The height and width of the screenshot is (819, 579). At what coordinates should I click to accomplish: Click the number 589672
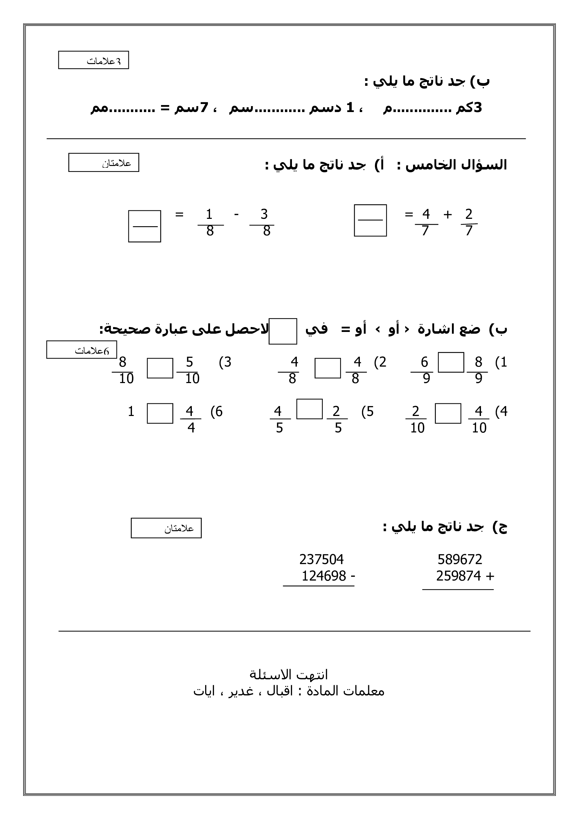pos(460,559)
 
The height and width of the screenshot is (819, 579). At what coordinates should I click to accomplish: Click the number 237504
pos(321,559)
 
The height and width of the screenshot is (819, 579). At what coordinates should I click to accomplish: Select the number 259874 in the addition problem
pos(458,576)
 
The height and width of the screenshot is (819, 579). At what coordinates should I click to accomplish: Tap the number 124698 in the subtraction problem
pos(324,576)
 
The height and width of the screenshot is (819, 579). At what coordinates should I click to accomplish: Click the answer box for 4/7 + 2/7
pos(370,221)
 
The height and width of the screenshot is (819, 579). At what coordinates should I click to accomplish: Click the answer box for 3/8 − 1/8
pos(144,226)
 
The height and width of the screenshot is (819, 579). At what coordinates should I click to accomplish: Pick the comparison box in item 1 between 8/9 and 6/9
pos(451,362)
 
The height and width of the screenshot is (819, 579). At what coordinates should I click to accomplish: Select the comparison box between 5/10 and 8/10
pos(160,368)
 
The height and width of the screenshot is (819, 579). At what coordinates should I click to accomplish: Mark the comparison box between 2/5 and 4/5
pos(309,409)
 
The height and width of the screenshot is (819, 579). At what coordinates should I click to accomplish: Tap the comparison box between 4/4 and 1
pos(160,414)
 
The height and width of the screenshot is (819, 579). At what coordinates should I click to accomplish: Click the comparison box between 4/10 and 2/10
pos(448,414)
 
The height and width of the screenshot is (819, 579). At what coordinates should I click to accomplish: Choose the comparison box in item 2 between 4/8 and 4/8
pos(328,368)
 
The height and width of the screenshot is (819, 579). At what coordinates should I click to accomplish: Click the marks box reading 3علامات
pos(93,60)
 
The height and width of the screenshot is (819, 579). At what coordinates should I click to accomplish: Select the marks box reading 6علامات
pos(82,349)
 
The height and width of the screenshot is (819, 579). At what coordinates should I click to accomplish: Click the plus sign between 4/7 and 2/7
pos(447,214)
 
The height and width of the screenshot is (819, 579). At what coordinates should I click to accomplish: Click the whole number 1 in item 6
pos(131,411)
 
